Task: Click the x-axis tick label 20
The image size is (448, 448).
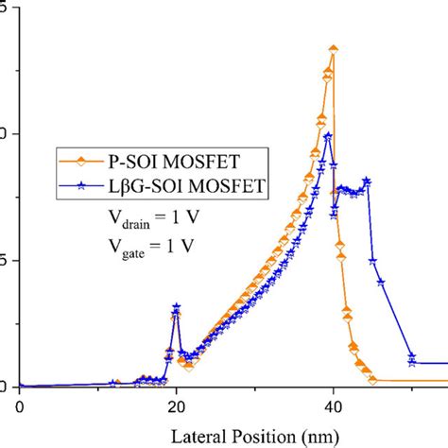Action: (x=176, y=406)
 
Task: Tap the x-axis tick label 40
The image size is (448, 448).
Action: (x=333, y=406)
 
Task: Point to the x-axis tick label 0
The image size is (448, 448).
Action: (x=19, y=406)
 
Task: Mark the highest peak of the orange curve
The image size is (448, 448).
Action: (x=333, y=48)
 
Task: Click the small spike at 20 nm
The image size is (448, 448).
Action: (x=176, y=307)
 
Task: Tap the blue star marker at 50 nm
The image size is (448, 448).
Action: (x=411, y=356)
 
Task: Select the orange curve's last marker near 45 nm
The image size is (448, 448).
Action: (x=373, y=380)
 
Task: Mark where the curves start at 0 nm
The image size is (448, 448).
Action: (x=20, y=386)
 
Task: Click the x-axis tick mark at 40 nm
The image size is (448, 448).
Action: (x=333, y=390)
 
